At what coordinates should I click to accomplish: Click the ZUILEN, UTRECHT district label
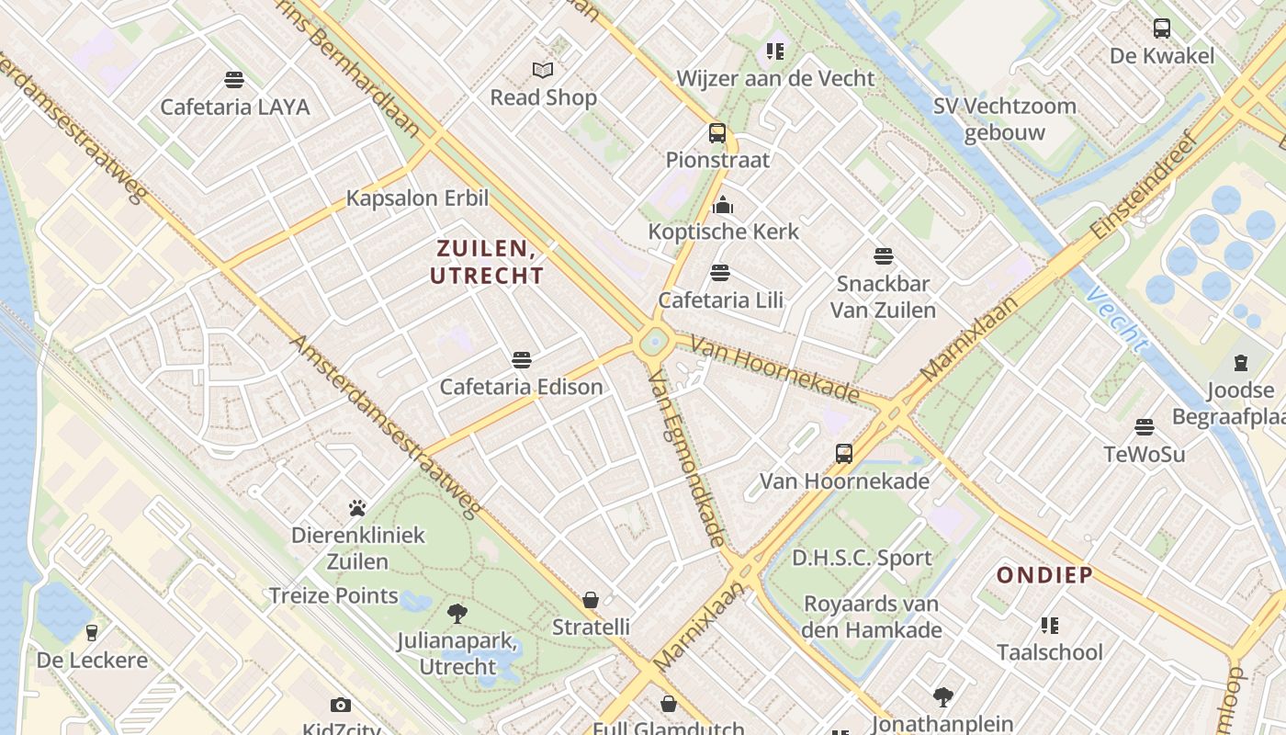click(x=487, y=262)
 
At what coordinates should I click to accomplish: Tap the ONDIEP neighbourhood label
click(x=1045, y=575)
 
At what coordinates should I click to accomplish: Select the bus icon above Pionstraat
click(x=717, y=133)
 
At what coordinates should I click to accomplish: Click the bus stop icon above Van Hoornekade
click(x=843, y=453)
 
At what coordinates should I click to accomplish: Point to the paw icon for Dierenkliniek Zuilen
click(x=357, y=507)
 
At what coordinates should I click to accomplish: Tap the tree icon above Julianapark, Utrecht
click(x=457, y=613)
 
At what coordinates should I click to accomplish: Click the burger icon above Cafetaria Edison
click(x=522, y=359)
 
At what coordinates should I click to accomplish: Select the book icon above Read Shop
click(x=543, y=70)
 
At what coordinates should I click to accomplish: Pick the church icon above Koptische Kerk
click(x=723, y=204)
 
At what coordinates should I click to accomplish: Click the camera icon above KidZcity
click(x=341, y=705)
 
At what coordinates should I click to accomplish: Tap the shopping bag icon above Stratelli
click(x=591, y=600)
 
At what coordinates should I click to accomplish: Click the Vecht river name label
click(x=1115, y=320)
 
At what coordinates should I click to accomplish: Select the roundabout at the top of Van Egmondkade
click(x=653, y=343)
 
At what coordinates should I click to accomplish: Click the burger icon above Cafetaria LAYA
click(x=234, y=79)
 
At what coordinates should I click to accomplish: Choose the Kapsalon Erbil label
click(x=417, y=198)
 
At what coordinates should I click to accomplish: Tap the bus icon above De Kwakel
click(x=1162, y=28)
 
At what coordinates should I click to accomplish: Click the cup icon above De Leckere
click(x=91, y=632)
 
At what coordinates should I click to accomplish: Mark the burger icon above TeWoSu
click(x=1144, y=426)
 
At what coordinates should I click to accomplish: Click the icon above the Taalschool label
click(x=1050, y=625)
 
